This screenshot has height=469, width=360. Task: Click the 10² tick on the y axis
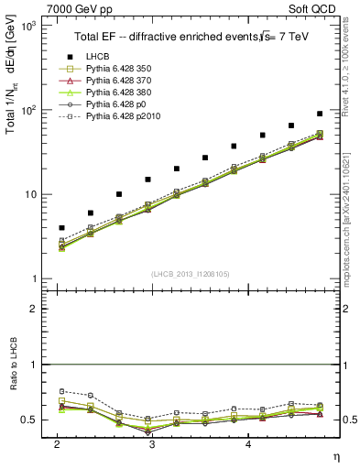[27, 110]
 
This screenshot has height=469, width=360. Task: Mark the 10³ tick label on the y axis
[27, 26]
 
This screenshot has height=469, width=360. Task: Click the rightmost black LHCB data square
[320, 114]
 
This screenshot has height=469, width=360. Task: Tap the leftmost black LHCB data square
[61, 227]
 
